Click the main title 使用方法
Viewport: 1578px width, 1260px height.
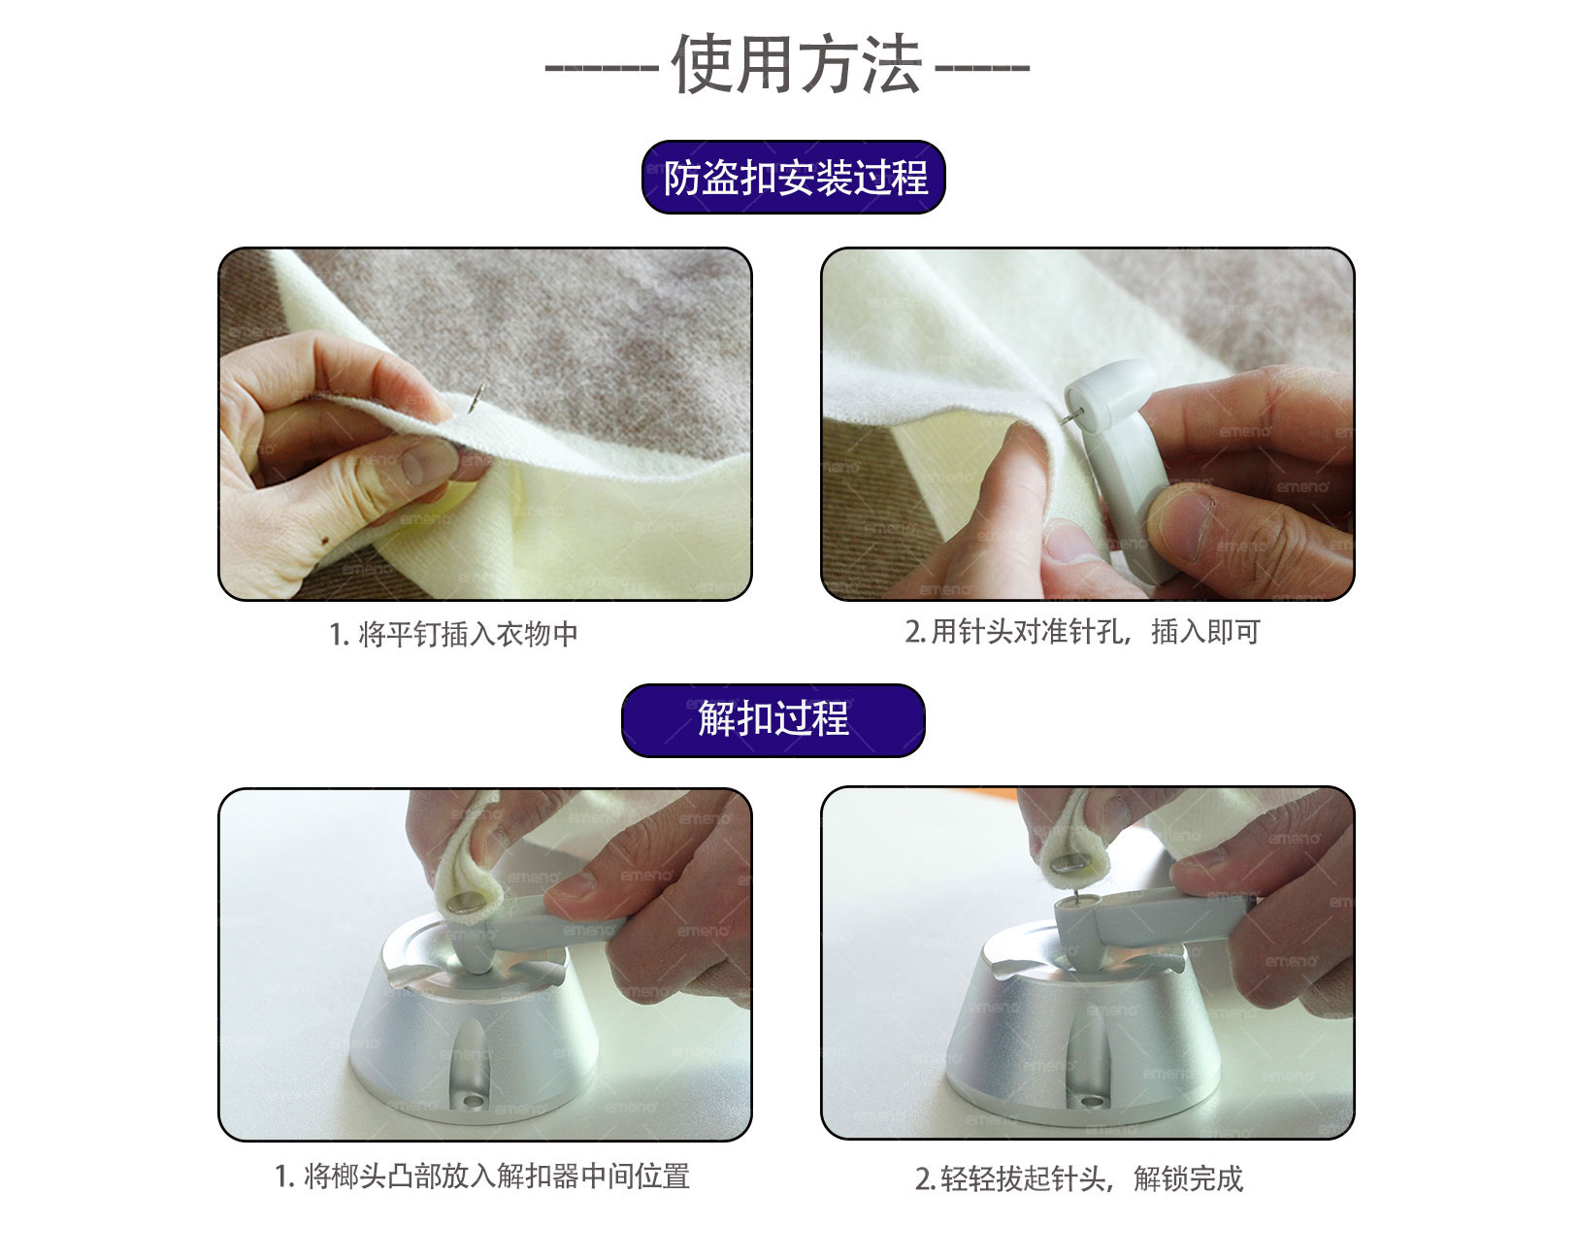point(797,64)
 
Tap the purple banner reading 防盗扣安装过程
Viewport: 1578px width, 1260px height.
point(794,177)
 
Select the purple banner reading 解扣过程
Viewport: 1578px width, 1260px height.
point(773,719)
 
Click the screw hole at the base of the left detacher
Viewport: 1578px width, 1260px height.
point(473,1102)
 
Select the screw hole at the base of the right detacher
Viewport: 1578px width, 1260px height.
point(1091,1101)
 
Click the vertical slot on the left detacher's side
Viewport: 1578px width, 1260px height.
point(470,1056)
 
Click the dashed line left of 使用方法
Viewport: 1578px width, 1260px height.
point(602,68)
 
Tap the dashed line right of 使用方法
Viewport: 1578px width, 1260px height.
point(982,68)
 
